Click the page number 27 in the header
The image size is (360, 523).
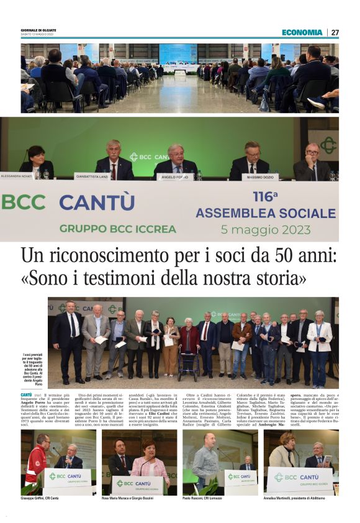(x=335, y=32)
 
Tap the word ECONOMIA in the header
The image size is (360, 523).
(x=302, y=32)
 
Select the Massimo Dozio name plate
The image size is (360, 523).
(x=259, y=177)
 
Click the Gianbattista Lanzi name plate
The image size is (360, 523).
(x=92, y=176)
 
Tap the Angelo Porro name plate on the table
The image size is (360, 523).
(x=174, y=177)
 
